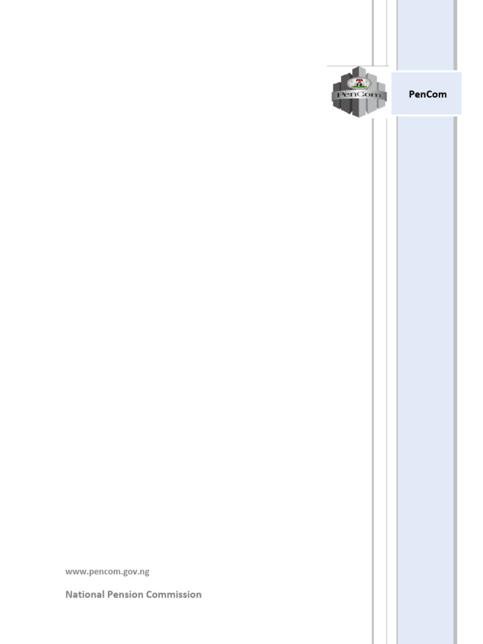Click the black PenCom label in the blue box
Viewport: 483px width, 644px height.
pyautogui.click(x=428, y=94)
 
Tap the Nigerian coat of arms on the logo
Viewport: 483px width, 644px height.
pyautogui.click(x=359, y=83)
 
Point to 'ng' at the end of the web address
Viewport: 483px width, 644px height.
pyautogui.click(x=145, y=572)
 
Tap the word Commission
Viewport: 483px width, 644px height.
pyautogui.click(x=174, y=594)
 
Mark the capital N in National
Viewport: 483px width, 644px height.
pyautogui.click(x=69, y=594)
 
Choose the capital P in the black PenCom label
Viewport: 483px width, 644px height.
pyautogui.click(x=411, y=94)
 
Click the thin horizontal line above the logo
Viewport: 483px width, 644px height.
pyautogui.click(x=352, y=65)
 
